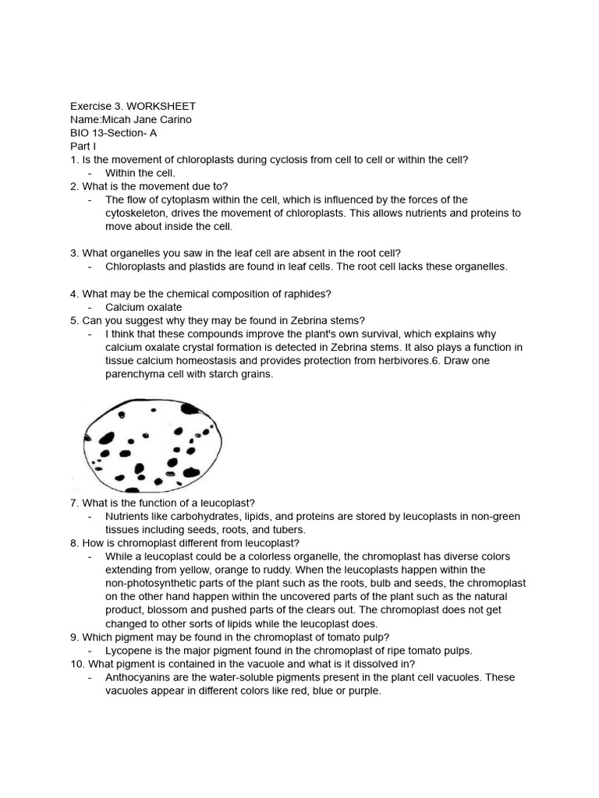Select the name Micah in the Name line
coord(115,119)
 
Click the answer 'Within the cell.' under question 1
coord(140,172)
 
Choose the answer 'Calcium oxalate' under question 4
coord(144,307)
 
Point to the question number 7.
coord(74,503)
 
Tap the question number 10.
coord(76,664)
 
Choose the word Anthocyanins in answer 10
coord(137,677)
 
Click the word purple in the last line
coord(362,690)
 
